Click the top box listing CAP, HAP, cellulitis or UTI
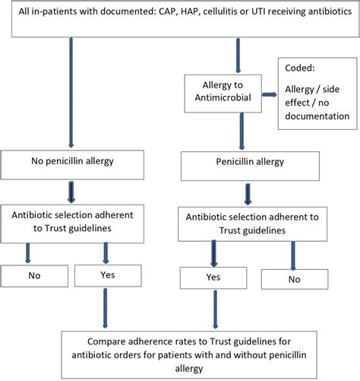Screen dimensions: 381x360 pos(179,18)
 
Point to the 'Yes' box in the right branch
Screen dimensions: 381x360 pos(213,278)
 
